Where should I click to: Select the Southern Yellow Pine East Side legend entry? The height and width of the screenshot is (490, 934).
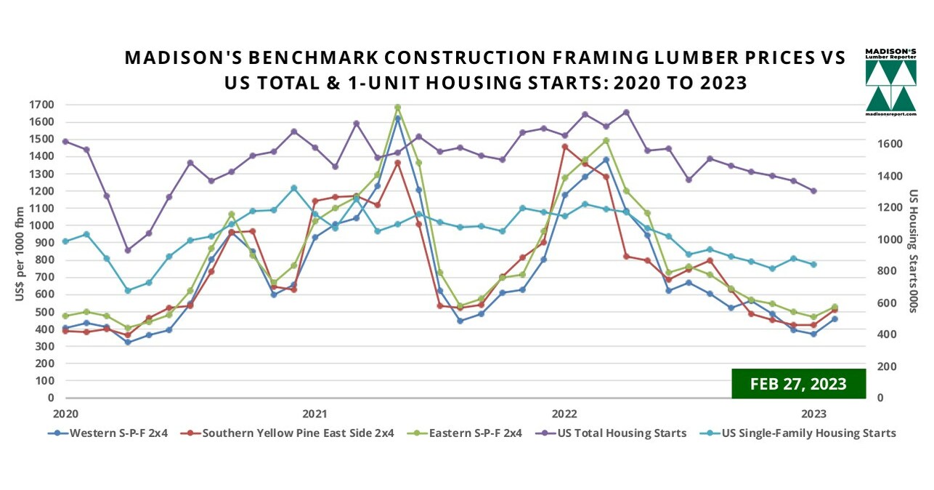[x=298, y=433]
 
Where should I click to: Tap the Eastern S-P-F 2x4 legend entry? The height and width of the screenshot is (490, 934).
[x=475, y=433]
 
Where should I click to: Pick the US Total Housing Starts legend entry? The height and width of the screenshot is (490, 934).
[x=622, y=433]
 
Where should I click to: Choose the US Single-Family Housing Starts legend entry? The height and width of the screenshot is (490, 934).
[x=808, y=433]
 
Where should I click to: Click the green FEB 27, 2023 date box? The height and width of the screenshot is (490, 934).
[x=798, y=384]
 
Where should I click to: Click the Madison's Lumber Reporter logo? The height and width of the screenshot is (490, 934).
[x=890, y=82]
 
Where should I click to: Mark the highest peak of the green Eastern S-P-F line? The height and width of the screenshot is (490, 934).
[x=397, y=108]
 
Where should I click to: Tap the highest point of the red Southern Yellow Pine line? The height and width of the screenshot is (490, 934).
[x=564, y=147]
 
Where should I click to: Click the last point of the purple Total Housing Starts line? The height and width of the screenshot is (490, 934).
[x=813, y=191]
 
